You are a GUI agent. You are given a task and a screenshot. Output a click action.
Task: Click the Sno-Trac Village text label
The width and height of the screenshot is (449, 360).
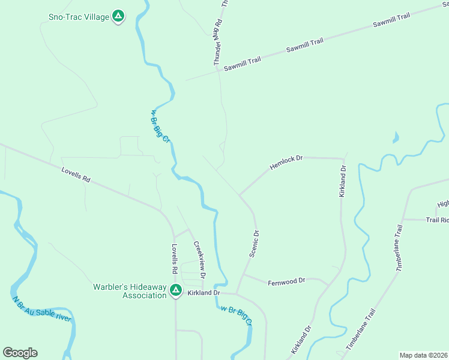coord(79,16)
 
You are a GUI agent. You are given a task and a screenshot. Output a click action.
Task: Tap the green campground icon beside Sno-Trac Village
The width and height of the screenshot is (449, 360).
coord(119,16)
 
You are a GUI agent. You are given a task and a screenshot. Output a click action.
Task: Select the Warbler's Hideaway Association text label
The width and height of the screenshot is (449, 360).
coord(129,290)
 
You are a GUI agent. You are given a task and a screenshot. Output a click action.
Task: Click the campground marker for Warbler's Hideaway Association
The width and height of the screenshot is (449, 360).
coord(175,291)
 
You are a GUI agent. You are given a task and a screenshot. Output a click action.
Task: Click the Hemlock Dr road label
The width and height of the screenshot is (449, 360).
coord(287,162)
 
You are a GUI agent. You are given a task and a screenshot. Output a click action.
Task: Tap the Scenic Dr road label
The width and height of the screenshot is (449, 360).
coord(254,244)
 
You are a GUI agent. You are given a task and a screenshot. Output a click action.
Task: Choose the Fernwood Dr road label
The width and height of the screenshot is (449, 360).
coord(287,281)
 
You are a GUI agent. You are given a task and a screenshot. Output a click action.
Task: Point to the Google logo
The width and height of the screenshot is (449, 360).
coord(20,353)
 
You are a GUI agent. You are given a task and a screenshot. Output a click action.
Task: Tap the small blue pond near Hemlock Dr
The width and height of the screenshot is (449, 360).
coord(395,138)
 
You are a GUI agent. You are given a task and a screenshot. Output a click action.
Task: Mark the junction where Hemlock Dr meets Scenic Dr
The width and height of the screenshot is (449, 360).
coord(240,195)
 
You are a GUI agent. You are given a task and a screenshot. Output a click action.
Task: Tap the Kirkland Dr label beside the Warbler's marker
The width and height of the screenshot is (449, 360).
coord(204,292)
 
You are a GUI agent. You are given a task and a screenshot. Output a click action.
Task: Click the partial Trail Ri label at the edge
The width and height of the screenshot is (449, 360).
coord(437,220)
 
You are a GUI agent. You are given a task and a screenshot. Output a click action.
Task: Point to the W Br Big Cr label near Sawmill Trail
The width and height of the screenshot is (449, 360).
coord(161,126)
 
